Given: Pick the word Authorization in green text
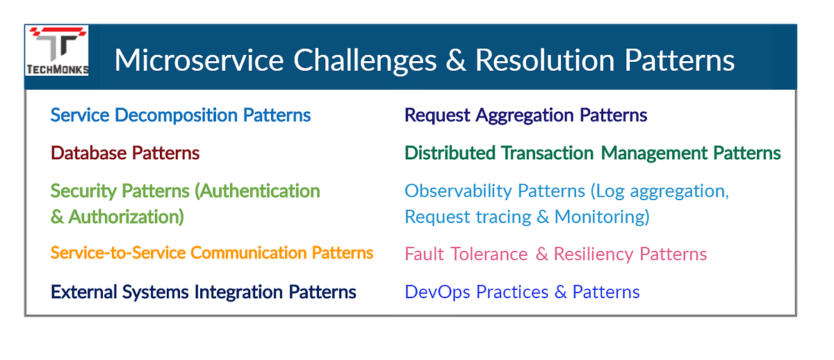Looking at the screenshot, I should pyautogui.click(x=126, y=217).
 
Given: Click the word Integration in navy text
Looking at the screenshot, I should pyautogui.click(x=247, y=292).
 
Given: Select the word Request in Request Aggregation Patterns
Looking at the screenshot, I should pyautogui.click(x=437, y=115).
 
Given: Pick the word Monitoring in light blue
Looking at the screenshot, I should pyautogui.click(x=602, y=217).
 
